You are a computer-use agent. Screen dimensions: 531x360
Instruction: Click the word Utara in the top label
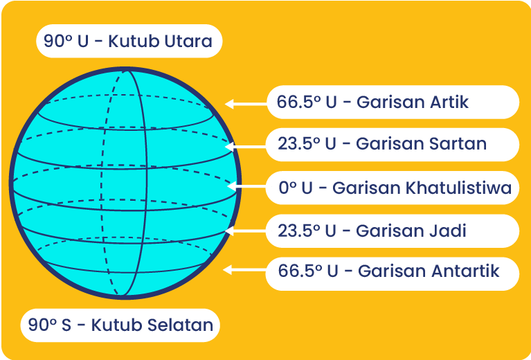(188, 42)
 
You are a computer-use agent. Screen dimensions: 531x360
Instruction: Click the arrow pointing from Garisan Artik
(246, 104)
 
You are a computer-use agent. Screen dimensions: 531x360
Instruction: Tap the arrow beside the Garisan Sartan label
(246, 147)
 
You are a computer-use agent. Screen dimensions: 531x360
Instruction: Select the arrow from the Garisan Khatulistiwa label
(247, 186)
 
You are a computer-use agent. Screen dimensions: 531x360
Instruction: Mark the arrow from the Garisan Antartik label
(245, 270)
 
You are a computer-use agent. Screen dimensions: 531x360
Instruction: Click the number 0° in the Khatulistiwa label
(287, 188)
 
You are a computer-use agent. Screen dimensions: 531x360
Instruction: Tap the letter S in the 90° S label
(66, 325)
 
